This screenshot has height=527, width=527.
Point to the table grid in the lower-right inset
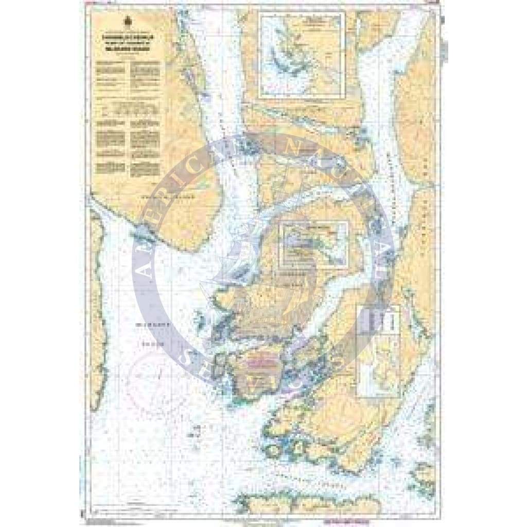[x=378, y=321]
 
